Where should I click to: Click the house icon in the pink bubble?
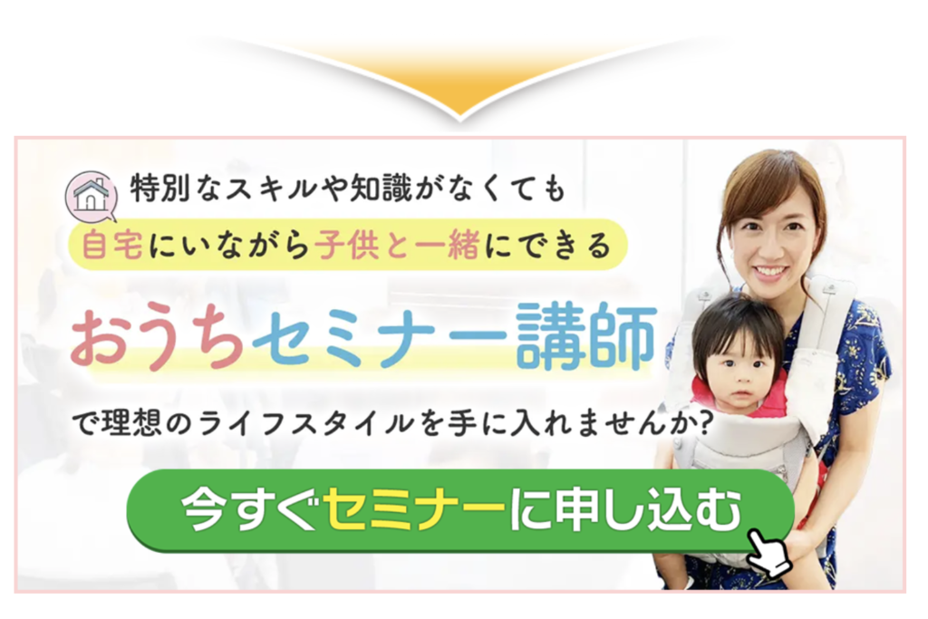click(x=91, y=195)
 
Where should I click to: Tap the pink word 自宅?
click(x=111, y=245)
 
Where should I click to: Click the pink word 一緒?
click(x=447, y=245)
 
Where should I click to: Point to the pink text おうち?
click(x=157, y=338)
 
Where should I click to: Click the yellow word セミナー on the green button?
click(x=414, y=510)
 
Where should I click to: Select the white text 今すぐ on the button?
click(x=252, y=510)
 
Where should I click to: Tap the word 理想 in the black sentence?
click(x=131, y=424)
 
